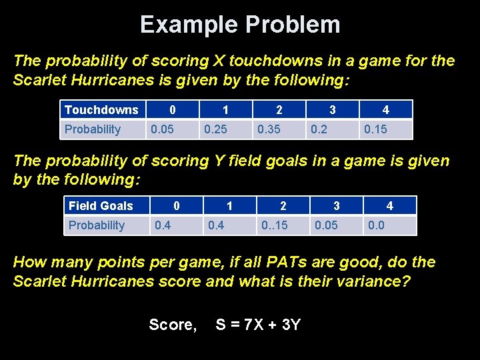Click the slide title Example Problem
240,25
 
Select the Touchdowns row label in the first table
101,110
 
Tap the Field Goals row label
101,206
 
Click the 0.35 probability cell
269,129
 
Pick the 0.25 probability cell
215,129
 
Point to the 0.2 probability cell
319,129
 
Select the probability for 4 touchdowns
375,129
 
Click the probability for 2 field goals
274,225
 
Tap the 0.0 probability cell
376,225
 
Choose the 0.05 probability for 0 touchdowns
162,129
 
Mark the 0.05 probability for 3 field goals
326,225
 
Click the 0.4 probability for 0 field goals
163,225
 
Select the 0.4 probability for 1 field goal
216,225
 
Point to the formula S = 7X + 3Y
258,325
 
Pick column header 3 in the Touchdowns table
332,110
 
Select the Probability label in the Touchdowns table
93,129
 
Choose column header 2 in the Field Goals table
283,206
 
